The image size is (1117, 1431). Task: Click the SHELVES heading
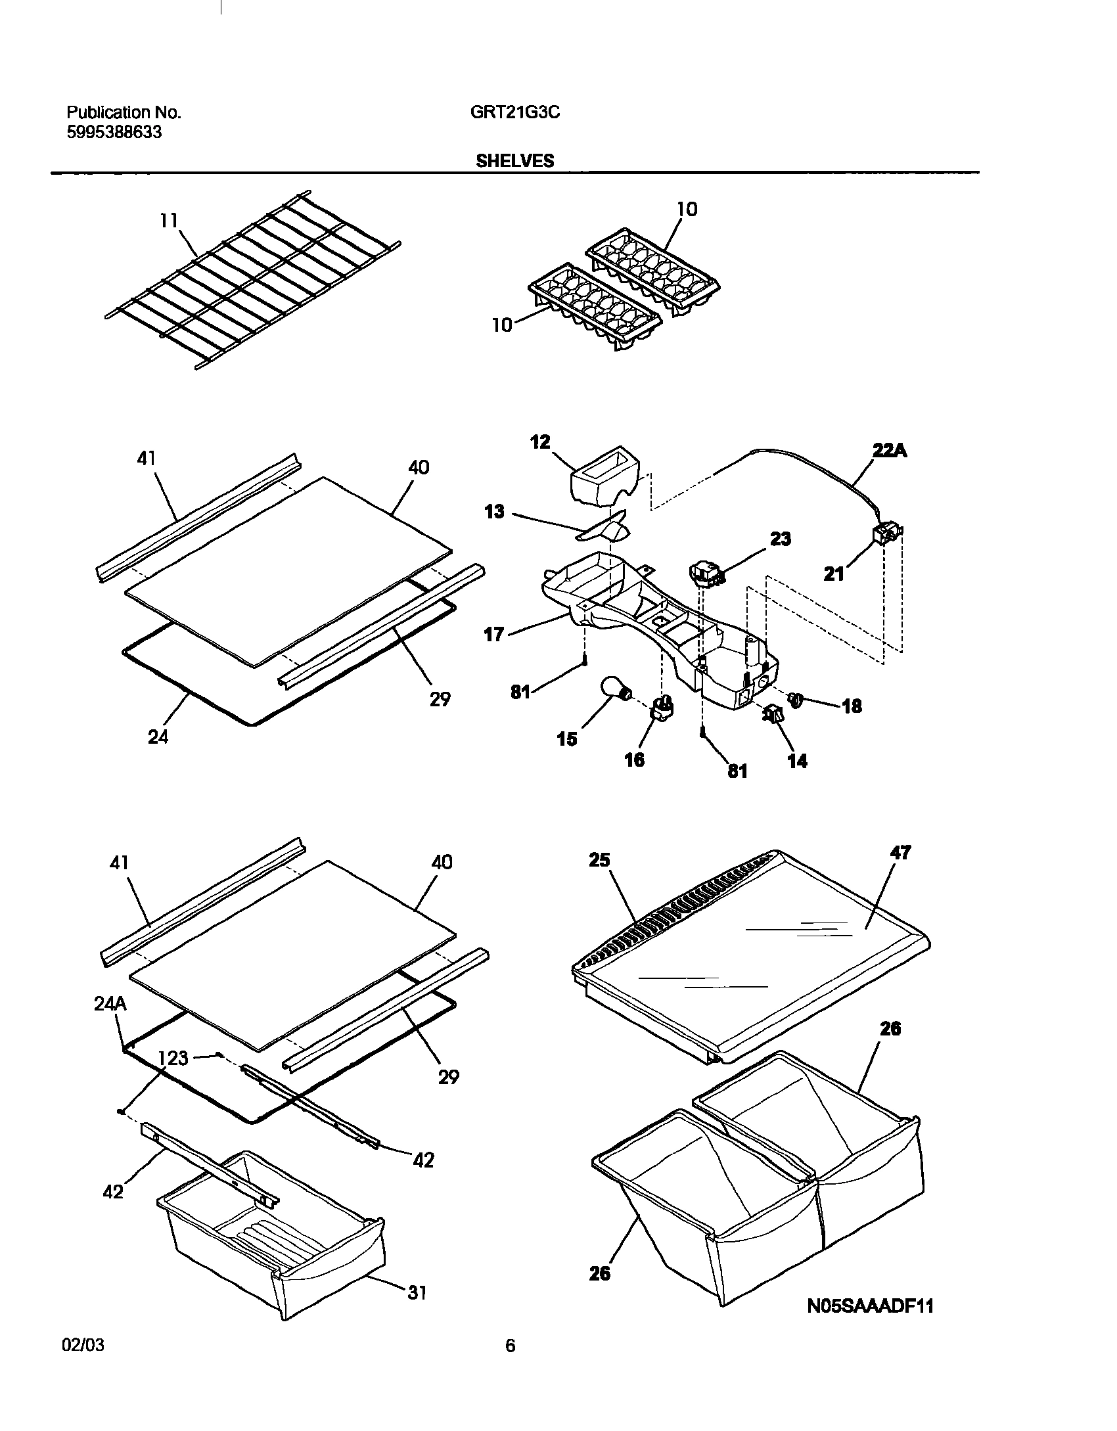click(x=514, y=160)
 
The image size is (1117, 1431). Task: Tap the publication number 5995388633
click(x=114, y=132)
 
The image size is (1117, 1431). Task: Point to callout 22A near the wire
click(x=890, y=451)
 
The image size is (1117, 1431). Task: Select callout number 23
click(x=780, y=539)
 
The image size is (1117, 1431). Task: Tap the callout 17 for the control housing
click(x=494, y=634)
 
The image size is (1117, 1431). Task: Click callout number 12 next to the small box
click(x=540, y=442)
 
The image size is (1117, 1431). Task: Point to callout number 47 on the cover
click(x=900, y=852)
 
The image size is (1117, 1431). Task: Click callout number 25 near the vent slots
click(x=600, y=859)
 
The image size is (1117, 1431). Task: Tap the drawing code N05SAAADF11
click(x=870, y=1306)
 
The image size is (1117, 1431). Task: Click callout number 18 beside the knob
click(x=852, y=706)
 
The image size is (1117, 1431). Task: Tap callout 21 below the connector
click(x=834, y=574)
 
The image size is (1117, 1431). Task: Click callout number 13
click(x=495, y=511)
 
